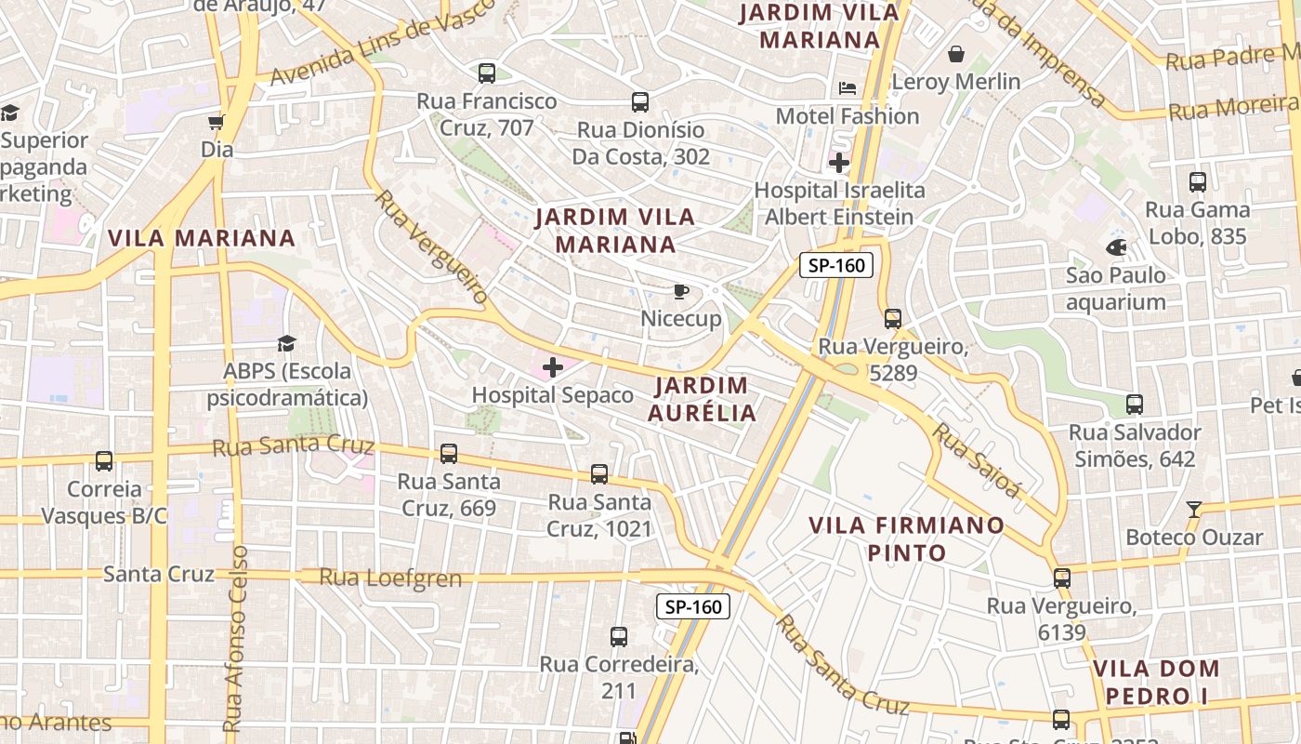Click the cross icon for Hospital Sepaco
553,367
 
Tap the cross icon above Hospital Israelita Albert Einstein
839,164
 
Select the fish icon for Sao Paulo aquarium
1116,248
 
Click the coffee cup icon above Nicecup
681,292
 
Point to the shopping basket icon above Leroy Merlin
955,54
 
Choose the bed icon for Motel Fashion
848,88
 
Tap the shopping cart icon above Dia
217,122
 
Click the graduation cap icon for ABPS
285,344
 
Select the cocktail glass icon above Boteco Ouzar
1194,510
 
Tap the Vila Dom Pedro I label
1156,682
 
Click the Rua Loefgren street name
390,578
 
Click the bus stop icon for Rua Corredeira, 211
619,637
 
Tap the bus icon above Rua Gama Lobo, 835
1198,182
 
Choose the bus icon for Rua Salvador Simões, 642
1134,405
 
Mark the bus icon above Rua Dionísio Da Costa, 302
639,102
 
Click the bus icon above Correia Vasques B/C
104,461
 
